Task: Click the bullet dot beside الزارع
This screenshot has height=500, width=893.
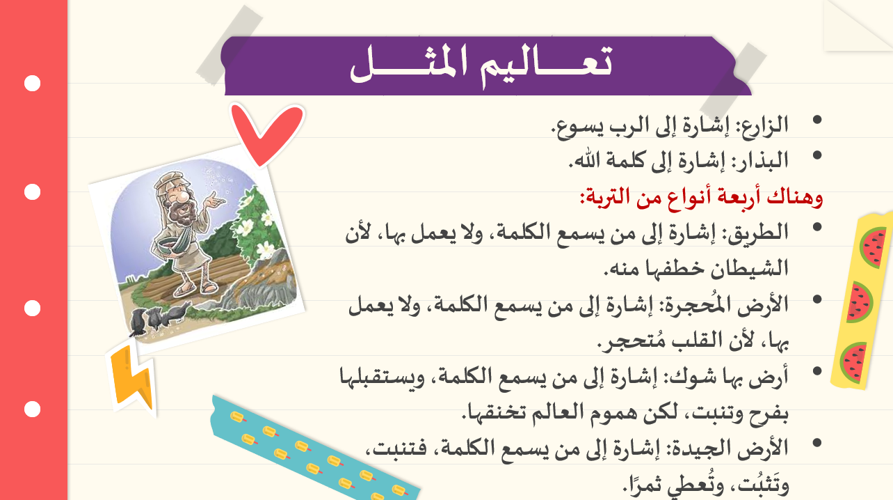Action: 817,120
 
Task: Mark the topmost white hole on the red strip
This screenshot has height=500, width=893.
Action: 32,84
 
